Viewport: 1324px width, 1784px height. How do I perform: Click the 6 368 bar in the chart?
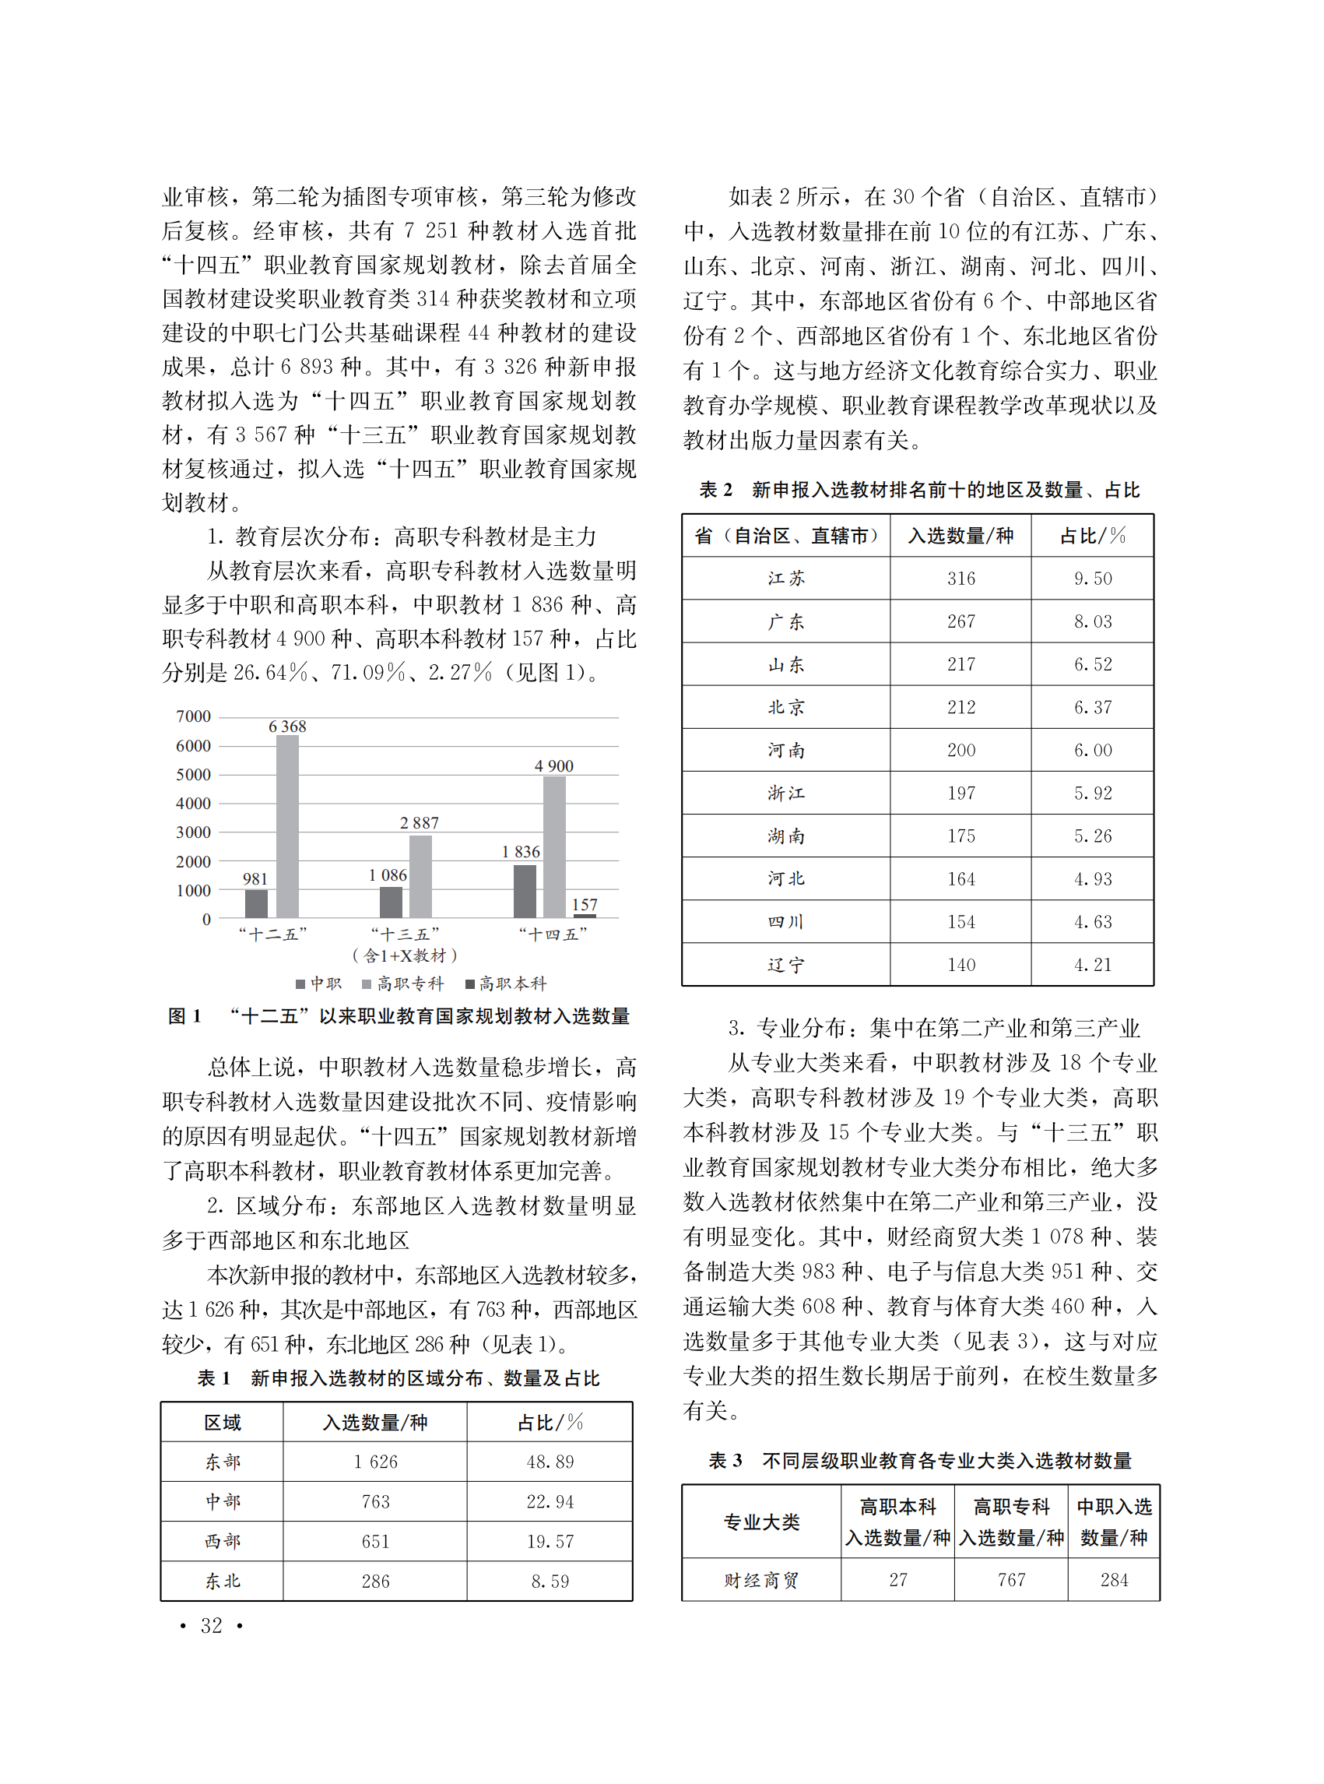click(x=287, y=826)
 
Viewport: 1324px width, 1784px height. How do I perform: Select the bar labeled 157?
click(x=585, y=915)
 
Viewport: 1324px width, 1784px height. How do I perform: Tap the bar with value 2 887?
click(x=420, y=876)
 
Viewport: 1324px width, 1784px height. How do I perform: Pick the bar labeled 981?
click(x=256, y=903)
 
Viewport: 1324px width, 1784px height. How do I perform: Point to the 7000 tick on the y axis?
click(x=193, y=716)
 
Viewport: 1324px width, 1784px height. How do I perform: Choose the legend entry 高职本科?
click(x=506, y=983)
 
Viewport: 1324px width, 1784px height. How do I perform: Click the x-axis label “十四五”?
click(x=553, y=934)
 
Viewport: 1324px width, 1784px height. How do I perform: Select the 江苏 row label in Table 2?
click(x=785, y=578)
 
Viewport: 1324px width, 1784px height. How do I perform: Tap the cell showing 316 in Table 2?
click(x=961, y=578)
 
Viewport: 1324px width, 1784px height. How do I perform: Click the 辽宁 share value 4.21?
click(x=1092, y=965)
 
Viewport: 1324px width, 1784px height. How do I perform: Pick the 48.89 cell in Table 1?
click(x=550, y=1462)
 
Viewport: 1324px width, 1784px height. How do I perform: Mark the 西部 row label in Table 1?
click(x=222, y=1541)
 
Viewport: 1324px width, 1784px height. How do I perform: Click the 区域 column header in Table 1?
click(x=222, y=1423)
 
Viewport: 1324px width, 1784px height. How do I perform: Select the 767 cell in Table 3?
click(x=1010, y=1579)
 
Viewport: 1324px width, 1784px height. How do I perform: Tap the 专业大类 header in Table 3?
click(x=760, y=1521)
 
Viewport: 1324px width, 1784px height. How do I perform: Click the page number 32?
click(x=212, y=1625)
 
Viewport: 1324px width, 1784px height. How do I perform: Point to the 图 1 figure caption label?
click(x=184, y=1017)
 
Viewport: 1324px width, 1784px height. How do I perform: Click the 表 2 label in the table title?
click(x=715, y=490)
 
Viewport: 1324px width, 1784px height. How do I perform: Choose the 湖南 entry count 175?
click(x=961, y=836)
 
